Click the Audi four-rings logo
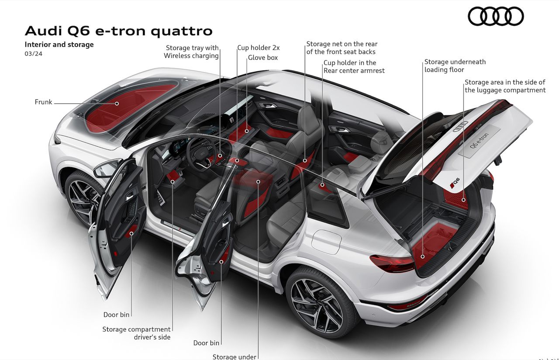tap(496, 17)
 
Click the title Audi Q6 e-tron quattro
tap(119, 31)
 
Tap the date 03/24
tap(34, 54)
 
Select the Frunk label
tap(44, 102)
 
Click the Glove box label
tap(263, 58)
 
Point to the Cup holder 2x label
tap(259, 48)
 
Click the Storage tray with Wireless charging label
tap(192, 52)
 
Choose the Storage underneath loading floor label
tap(455, 66)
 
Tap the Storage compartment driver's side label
tap(137, 333)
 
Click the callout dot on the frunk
tap(117, 104)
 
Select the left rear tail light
tap(392, 263)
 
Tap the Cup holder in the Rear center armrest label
tap(354, 66)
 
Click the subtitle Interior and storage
tap(59, 44)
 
